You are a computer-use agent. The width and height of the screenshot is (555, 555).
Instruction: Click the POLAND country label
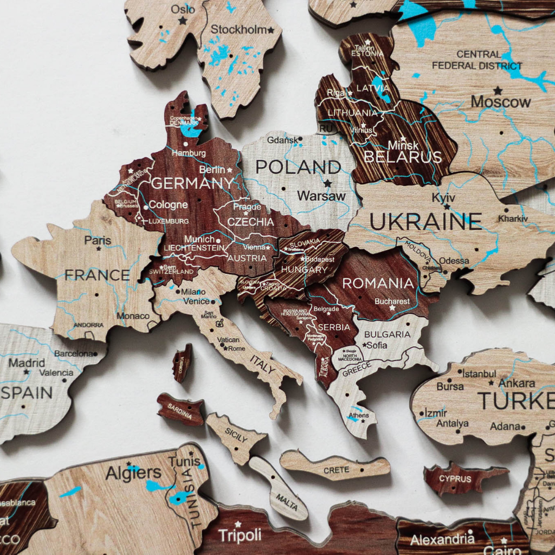(298, 167)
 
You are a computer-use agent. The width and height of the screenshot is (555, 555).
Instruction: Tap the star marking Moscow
(498, 91)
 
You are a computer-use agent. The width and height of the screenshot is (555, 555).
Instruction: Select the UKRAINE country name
(425, 221)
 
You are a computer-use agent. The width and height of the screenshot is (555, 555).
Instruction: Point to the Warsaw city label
(321, 196)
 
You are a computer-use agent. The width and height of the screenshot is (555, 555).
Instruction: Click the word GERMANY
(192, 183)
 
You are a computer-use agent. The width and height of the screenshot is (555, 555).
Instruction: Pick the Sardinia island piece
(180, 409)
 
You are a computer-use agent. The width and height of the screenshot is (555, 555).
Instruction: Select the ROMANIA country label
(378, 283)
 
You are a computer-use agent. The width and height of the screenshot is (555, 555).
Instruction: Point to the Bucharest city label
(392, 301)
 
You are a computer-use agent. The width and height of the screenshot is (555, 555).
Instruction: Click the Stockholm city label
(238, 29)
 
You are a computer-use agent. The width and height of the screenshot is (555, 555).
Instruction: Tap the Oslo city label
(183, 9)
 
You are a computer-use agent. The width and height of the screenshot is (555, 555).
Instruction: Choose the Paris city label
(98, 240)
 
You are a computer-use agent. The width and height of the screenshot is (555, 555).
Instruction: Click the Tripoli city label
(239, 535)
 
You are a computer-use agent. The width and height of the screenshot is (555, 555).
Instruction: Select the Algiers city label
(133, 473)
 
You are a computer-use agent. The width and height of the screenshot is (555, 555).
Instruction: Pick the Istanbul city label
(479, 373)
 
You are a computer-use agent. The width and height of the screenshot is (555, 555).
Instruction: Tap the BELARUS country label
(403, 157)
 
